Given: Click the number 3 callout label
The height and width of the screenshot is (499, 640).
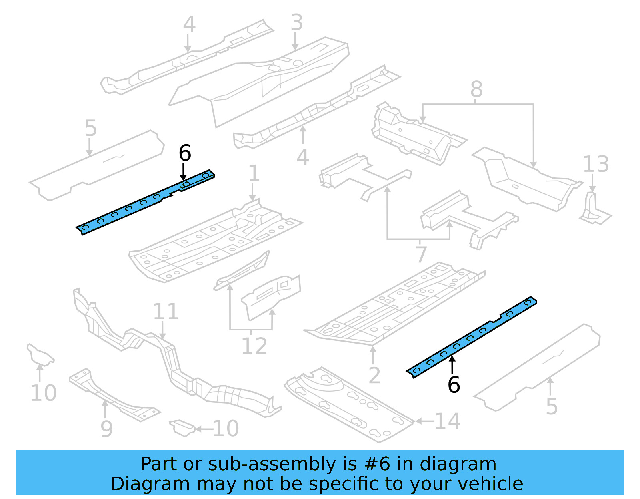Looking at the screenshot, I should pos(296,22).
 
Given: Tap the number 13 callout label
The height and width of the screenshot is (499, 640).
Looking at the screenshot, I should pos(596,164).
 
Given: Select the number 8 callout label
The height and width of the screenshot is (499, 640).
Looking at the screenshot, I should pos(476,89).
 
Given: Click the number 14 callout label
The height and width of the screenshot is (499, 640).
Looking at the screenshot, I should pos(447,421).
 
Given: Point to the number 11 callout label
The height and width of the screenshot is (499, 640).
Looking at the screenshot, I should pos(166,312).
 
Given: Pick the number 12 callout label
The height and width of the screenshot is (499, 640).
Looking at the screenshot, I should pos(254,346).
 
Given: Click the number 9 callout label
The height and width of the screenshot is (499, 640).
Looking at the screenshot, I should pos(106,429).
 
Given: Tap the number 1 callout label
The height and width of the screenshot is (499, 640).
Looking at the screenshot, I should pos(254,174).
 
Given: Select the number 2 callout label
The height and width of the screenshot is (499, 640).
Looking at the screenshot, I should pos(374,376).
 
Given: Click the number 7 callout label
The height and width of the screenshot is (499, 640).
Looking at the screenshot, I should pos(421,254).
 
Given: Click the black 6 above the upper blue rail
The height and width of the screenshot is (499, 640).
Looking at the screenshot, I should pos(185,153).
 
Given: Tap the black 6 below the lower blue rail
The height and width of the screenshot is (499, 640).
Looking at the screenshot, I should pos(454,385).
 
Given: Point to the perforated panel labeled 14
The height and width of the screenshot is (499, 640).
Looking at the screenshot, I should pos(348,404).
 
